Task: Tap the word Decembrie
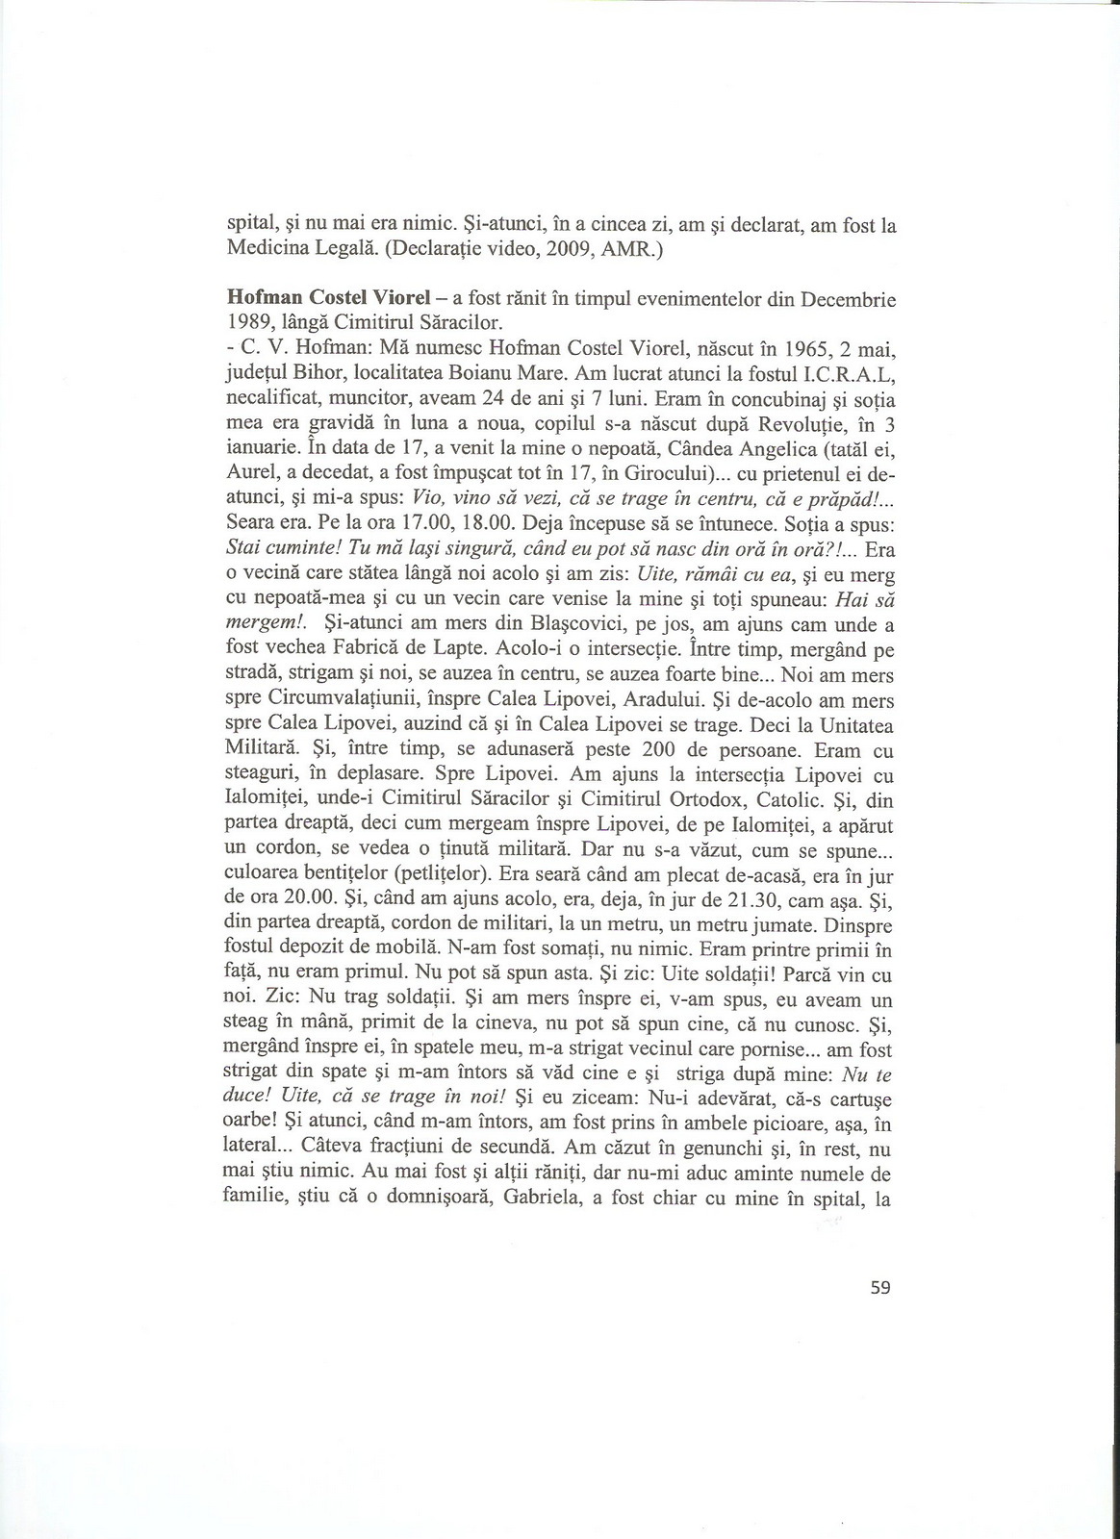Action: (845, 299)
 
